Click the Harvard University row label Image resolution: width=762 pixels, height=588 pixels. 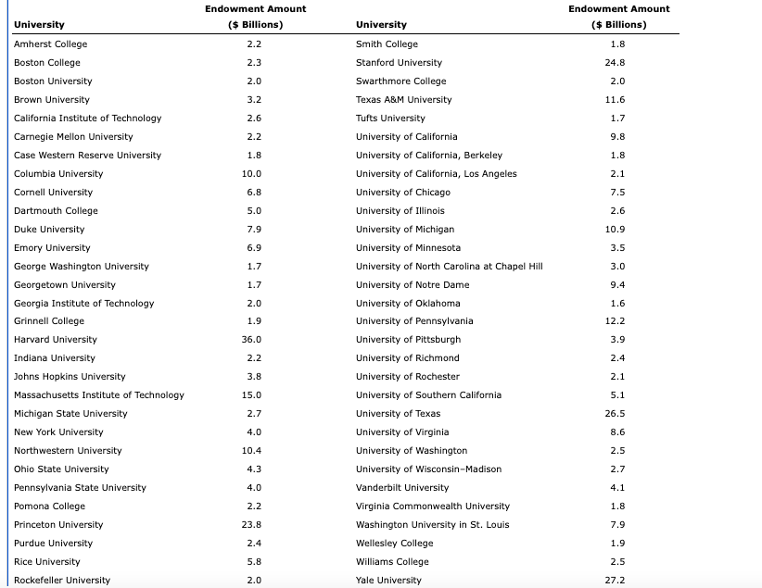click(55, 340)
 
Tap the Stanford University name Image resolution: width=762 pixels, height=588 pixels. click(399, 63)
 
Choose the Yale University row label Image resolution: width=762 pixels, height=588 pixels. click(388, 581)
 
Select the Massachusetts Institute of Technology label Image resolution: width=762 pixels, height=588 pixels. click(98, 395)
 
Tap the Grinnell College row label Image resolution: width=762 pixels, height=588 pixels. click(48, 321)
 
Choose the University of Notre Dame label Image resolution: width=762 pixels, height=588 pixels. click(413, 285)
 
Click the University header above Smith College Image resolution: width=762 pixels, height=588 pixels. click(381, 24)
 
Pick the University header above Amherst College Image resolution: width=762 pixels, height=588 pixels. click(39, 24)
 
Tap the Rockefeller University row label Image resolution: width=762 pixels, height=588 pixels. click(61, 581)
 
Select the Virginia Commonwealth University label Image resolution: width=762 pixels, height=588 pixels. click(433, 507)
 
